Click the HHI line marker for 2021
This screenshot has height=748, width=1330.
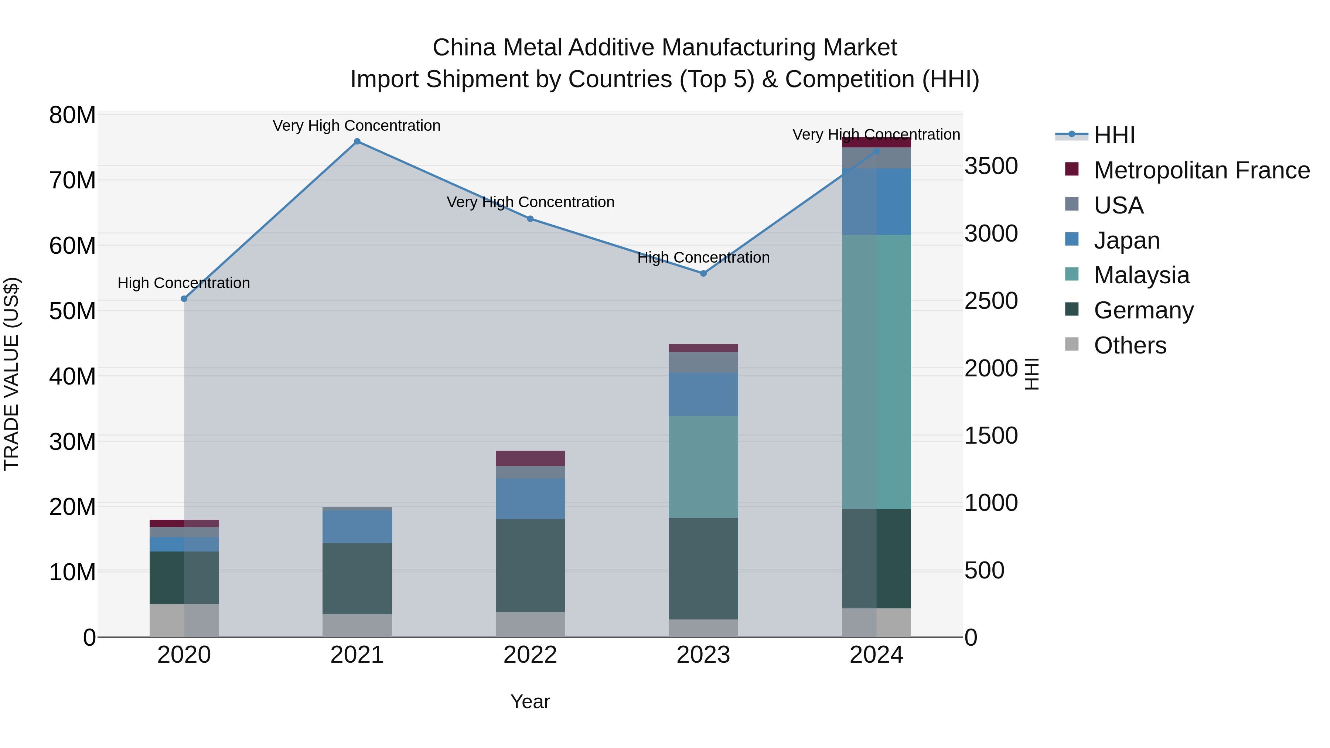click(x=357, y=141)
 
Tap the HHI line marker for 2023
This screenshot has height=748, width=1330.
click(x=703, y=274)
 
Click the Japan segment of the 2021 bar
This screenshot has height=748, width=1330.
click(x=357, y=526)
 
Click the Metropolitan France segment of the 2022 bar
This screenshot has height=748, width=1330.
click(x=530, y=458)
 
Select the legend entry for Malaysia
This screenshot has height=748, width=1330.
click(x=1142, y=275)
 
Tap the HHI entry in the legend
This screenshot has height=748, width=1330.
click(x=1114, y=135)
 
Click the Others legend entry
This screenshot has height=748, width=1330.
click(x=1130, y=345)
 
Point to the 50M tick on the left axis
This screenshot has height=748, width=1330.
click(x=72, y=311)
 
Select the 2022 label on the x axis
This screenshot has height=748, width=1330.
click(x=530, y=655)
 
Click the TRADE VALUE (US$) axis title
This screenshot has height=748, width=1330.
click(x=11, y=374)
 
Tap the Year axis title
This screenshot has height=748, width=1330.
click(x=530, y=701)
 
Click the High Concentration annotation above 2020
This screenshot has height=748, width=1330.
click(x=184, y=283)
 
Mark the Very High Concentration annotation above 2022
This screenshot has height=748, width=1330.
click(x=530, y=202)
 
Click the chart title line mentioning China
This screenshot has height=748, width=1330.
click(x=665, y=48)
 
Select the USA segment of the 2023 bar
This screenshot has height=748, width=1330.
click(x=703, y=362)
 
